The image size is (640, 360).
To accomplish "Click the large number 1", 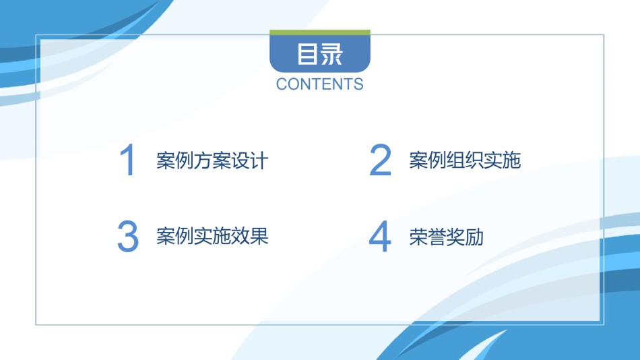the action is pos(129,160).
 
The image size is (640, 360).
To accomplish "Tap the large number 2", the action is pos(380,160).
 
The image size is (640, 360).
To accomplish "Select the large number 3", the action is pos(128,236).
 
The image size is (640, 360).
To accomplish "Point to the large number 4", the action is pos(380,236).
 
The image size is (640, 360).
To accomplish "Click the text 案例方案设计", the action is pos(212,160).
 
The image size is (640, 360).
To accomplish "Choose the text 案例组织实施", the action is pos(465,160).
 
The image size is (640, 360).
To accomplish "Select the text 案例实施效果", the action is pos(212,236).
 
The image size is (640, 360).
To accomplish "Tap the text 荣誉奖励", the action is pos(446,237).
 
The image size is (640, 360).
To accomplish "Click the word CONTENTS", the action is pos(319,84).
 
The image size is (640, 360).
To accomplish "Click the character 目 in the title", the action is pos(307,54).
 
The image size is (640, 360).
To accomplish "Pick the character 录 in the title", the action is pos(331,54).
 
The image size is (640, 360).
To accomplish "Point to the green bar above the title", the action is pos(320,32).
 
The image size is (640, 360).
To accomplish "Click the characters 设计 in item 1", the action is pos(250,160).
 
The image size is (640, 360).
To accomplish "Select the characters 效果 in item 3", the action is pos(250,236).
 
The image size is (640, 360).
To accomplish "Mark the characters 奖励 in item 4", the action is pos(465,237).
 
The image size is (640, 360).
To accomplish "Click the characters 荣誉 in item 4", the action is pos(427,237).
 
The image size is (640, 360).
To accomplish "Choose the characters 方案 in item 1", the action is pos(212,160).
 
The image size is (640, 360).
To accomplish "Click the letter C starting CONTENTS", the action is pos(282,84).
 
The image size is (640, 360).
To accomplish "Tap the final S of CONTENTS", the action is pos(358,84).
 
